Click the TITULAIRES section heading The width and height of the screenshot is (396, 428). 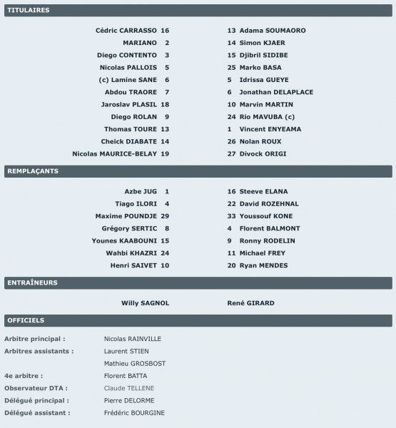[x=28, y=11]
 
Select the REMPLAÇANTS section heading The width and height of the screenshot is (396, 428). [x=32, y=171]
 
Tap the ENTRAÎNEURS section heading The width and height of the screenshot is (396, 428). [x=32, y=282]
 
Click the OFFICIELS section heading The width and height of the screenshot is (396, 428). [x=26, y=320]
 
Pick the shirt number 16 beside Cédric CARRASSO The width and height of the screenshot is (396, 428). [x=166, y=31]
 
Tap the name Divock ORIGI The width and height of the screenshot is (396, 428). [x=260, y=153]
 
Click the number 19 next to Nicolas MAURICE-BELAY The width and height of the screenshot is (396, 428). [x=166, y=153]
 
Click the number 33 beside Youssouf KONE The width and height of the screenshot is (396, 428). [x=231, y=215]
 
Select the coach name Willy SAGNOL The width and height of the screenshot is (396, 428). [x=146, y=302]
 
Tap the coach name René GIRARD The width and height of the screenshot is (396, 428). [x=250, y=302]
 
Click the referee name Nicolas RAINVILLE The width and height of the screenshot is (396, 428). [x=133, y=339]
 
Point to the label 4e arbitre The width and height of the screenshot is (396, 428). [x=23, y=375]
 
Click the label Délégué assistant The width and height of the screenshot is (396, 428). [x=36, y=413]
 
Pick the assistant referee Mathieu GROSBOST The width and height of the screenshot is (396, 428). [x=135, y=363]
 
